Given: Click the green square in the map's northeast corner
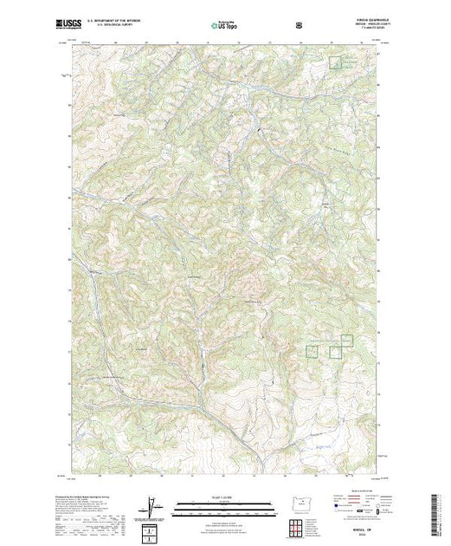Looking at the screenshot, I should [x=334, y=62].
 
